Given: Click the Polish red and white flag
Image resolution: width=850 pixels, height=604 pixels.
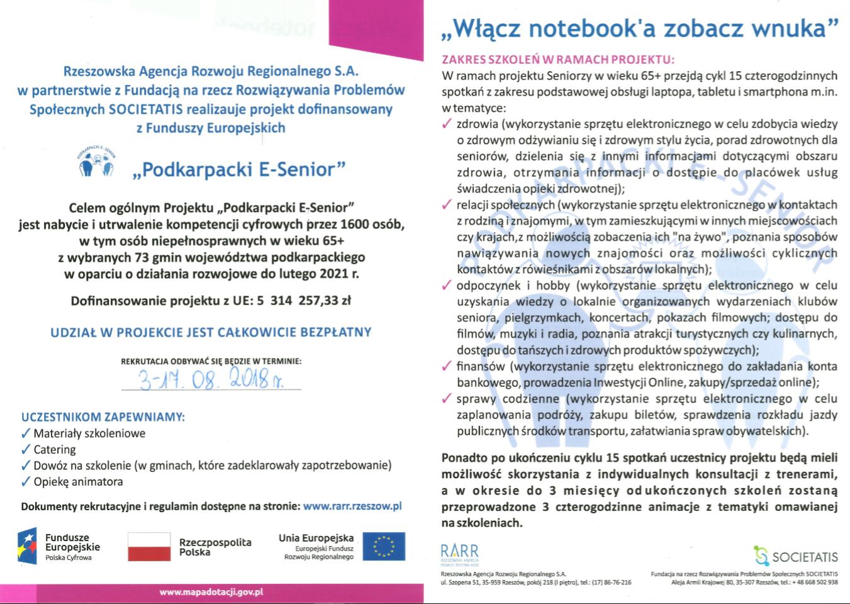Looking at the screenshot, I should tap(149, 546).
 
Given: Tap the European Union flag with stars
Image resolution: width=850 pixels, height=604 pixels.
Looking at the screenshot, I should tap(384, 546).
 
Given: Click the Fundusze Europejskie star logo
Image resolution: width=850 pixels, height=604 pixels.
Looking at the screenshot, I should tap(28, 546).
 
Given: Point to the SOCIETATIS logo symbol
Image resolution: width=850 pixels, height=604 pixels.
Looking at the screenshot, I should tap(761, 556).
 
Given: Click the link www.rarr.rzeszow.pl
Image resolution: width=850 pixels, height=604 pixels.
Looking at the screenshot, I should tap(352, 506).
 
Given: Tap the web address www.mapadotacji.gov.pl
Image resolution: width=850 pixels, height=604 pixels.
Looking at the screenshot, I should tap(211, 592).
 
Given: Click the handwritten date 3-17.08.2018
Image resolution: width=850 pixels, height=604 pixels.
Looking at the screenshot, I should tap(211, 379).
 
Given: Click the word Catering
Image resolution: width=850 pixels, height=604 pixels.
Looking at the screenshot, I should tap(55, 450).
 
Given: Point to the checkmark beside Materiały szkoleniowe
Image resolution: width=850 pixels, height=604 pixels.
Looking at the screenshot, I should tap(26, 433).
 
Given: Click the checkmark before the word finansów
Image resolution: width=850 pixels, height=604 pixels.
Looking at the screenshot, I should tap(447, 366).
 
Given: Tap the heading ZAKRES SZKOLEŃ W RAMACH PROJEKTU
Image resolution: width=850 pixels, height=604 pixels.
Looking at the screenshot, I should tap(558, 60).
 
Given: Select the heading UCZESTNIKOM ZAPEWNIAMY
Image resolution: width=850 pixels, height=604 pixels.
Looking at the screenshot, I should tap(103, 417).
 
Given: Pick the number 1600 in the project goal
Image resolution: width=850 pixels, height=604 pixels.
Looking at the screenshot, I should tap(355, 225).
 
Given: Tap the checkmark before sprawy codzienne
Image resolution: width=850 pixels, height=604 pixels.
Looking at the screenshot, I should tap(447, 399).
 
